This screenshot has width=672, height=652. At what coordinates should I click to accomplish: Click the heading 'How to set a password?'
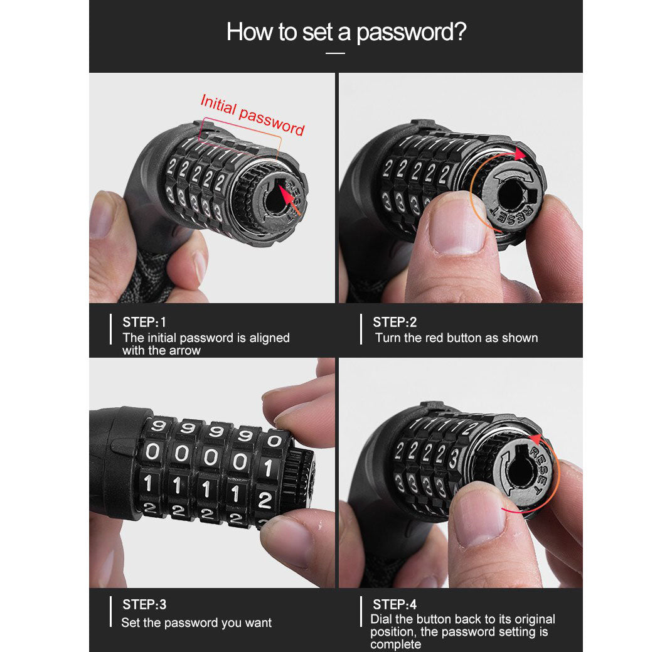[346, 31]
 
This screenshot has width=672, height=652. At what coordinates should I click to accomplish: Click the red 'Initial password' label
[252, 114]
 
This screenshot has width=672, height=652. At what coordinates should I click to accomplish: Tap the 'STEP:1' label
[144, 322]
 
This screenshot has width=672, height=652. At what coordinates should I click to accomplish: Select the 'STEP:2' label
[395, 322]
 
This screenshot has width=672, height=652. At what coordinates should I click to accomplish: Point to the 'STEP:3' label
[144, 604]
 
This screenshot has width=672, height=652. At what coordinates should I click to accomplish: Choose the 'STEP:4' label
[395, 604]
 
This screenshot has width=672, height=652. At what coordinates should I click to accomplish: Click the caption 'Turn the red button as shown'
[456, 338]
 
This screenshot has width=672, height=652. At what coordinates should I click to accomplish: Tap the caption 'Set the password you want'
[196, 623]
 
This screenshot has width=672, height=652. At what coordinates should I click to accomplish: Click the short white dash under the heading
[336, 53]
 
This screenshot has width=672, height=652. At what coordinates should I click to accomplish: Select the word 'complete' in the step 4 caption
[395, 644]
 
